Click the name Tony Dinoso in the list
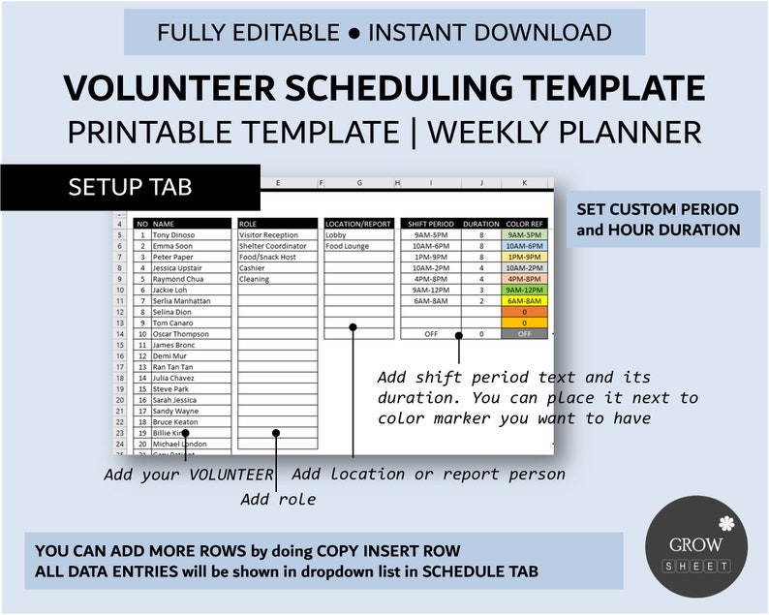[x=175, y=235]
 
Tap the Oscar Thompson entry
[x=182, y=334]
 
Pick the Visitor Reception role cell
[x=269, y=235]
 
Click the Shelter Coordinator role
[x=273, y=246]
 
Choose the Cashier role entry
[x=253, y=267]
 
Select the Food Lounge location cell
[x=349, y=246]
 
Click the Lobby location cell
[x=337, y=235]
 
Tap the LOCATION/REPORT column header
[x=357, y=224]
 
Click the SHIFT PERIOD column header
[x=429, y=224]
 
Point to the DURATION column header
[x=481, y=224]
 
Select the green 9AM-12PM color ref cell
[x=525, y=290]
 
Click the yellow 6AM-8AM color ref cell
[x=525, y=301]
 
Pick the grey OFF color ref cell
[x=525, y=334]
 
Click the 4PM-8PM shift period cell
[x=429, y=279]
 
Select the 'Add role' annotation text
[x=278, y=500]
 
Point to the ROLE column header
[x=277, y=224]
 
